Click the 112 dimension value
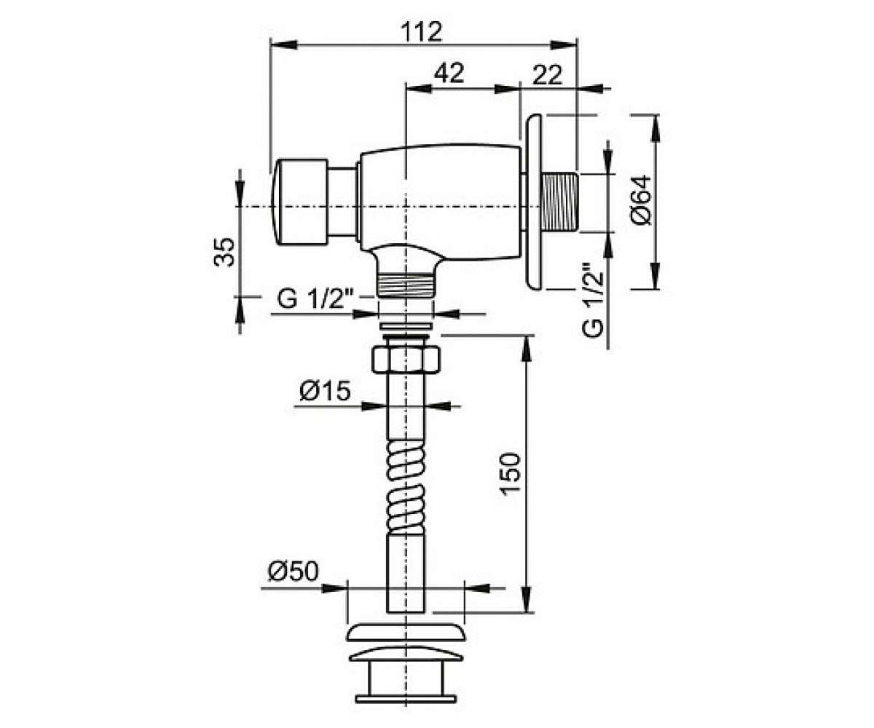(x=421, y=31)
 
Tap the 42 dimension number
(x=449, y=74)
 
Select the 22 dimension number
(x=548, y=75)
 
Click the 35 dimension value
(x=224, y=253)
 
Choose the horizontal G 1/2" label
(x=315, y=299)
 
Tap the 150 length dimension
(x=511, y=474)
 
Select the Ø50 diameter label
(x=293, y=571)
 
